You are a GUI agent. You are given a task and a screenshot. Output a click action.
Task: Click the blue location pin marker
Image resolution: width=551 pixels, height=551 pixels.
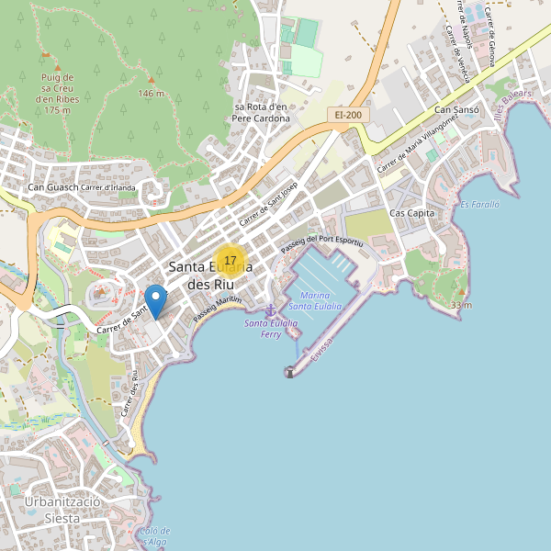pos(156,301)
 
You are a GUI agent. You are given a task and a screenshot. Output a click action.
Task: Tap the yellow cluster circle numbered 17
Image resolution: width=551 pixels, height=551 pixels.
pos(230,262)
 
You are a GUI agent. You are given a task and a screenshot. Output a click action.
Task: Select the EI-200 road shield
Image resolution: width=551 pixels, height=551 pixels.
pos(349,115)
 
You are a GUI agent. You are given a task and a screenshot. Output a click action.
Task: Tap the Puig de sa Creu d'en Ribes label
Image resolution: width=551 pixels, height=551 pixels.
pos(57,93)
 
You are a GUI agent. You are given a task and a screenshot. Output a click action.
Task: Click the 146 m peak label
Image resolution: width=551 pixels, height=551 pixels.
pos(152,94)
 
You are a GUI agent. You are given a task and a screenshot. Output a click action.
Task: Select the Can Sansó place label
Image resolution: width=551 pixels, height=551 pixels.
pos(456,110)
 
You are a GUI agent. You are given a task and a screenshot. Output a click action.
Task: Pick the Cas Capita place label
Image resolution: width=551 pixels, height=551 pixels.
pos(411,213)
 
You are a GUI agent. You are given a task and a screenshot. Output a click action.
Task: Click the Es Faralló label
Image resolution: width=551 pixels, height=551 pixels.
pos(479,204)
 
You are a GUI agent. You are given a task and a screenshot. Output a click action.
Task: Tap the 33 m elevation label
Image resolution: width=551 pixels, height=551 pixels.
pos(461,305)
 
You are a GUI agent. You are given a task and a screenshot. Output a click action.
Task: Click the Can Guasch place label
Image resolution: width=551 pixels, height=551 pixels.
pos(52,188)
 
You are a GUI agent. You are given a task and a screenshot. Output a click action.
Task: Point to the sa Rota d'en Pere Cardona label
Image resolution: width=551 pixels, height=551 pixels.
pos(261,112)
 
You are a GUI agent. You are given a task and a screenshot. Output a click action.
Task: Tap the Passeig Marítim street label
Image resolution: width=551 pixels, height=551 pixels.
pos(217,309)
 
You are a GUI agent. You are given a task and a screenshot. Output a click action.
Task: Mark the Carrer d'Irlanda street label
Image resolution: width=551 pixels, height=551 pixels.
pos(108,188)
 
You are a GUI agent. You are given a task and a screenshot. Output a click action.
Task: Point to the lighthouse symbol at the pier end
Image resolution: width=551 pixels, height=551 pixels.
pos(290,372)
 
